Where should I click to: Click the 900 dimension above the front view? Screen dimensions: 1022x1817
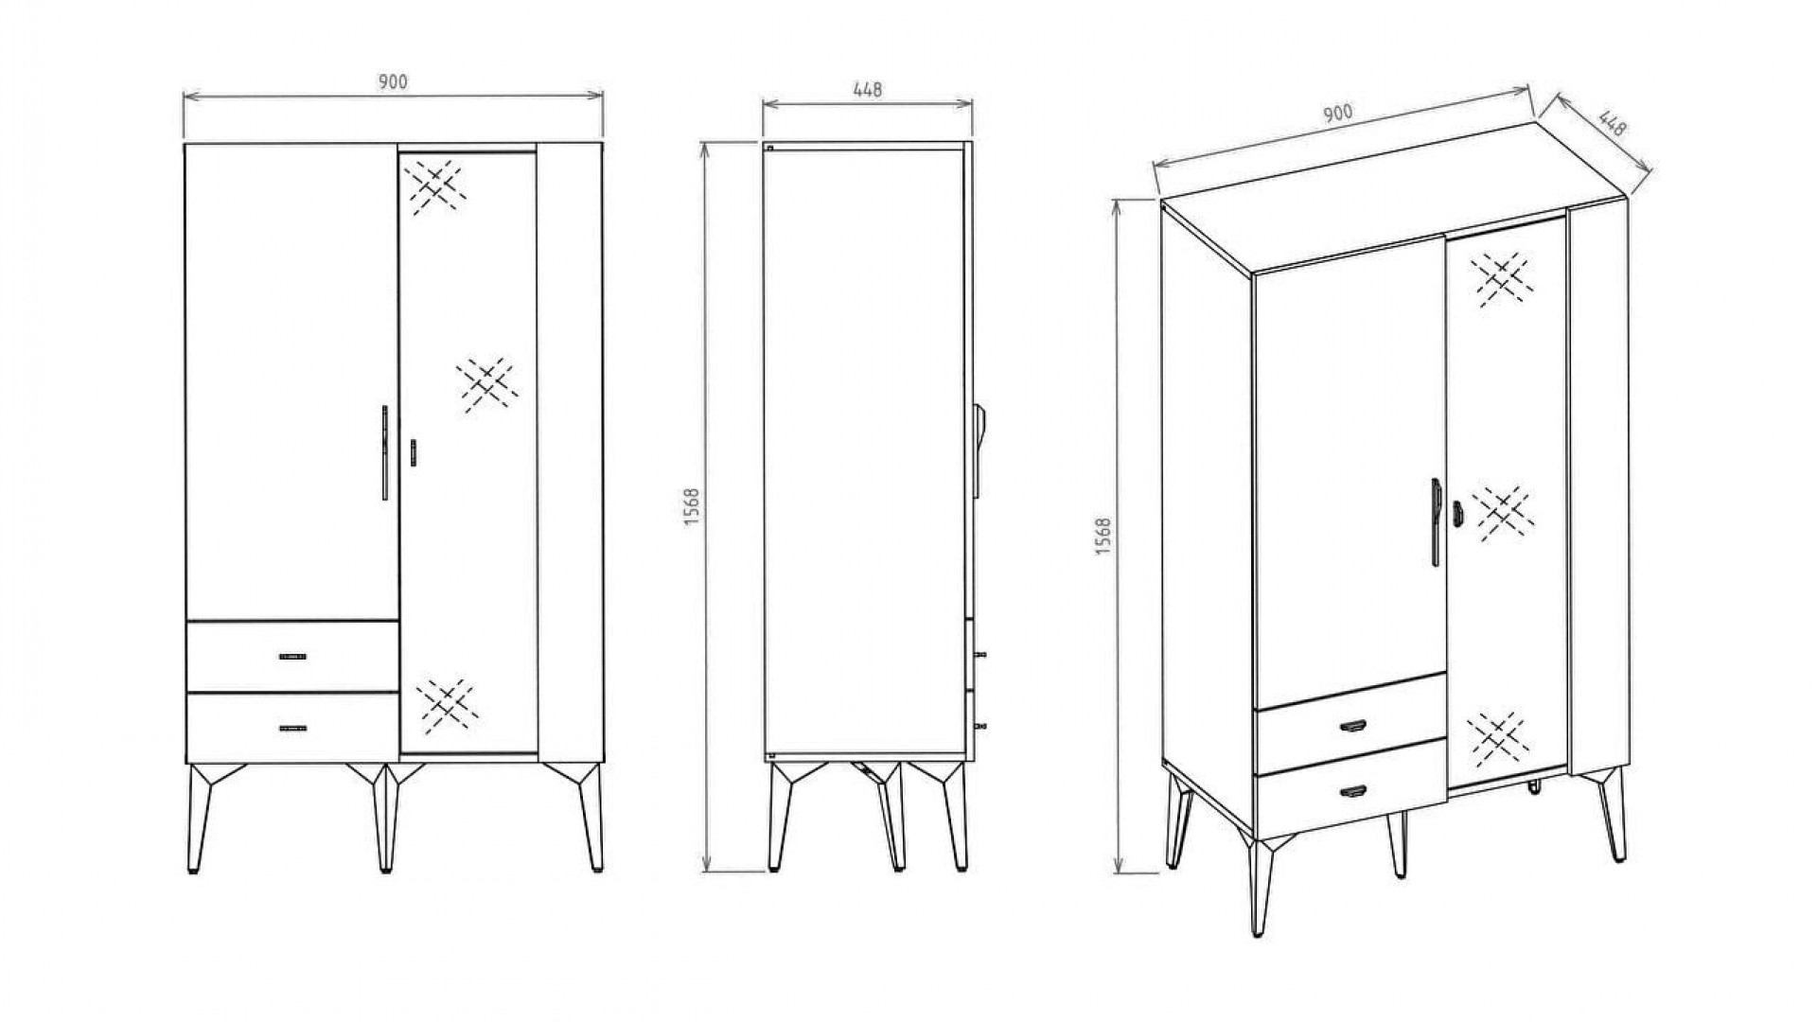[393, 82]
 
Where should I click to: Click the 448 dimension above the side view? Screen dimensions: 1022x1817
[867, 90]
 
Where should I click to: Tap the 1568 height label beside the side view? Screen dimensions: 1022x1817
[692, 507]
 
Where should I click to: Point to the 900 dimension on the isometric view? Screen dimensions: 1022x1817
[1337, 114]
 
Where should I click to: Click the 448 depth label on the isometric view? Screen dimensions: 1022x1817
[1612, 124]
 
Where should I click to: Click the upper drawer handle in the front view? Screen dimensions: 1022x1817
[292, 656]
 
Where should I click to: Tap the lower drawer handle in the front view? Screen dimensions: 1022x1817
[292, 728]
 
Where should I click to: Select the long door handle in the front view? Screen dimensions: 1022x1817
[384, 453]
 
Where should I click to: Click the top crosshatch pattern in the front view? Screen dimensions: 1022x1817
[433, 185]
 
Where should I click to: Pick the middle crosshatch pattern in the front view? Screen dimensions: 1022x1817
[486, 384]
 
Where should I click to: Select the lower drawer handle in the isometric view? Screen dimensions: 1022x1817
[1353, 790]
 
